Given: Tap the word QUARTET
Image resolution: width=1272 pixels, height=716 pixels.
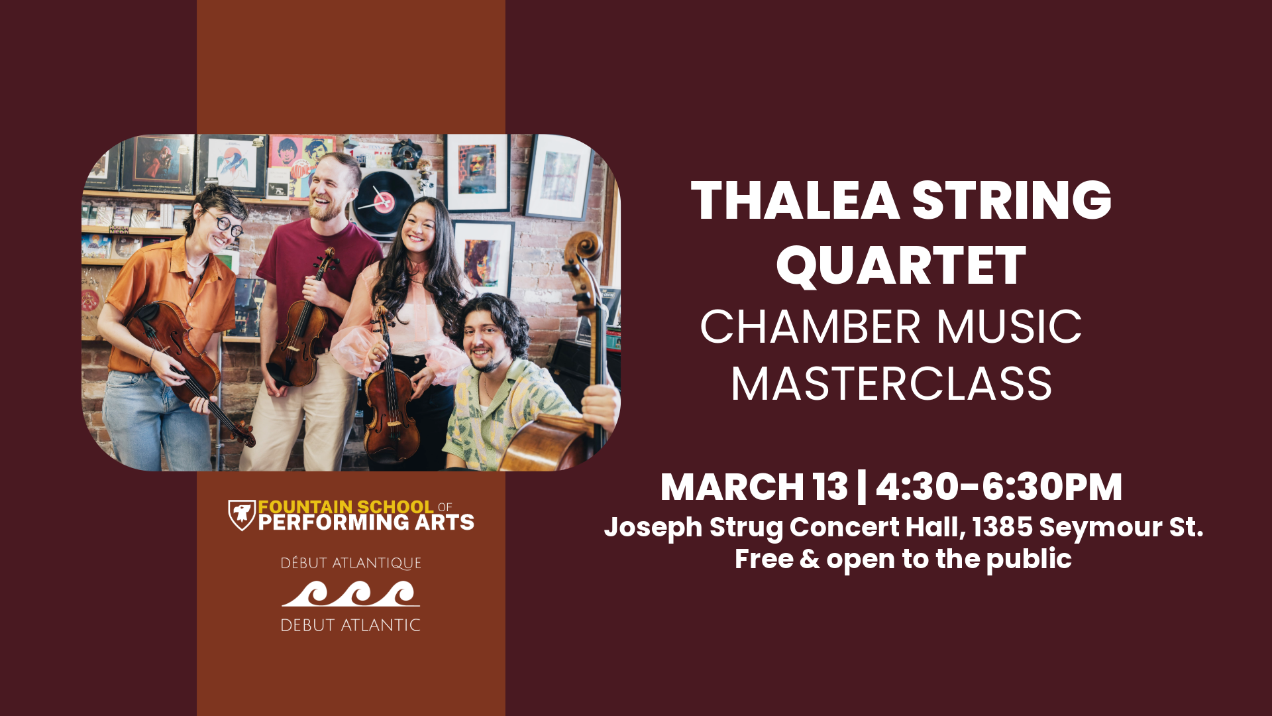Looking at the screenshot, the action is pos(901,265).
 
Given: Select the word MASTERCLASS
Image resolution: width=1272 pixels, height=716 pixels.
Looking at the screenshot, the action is pos(891,384).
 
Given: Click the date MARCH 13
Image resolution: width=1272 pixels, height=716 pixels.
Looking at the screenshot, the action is pos(754,487).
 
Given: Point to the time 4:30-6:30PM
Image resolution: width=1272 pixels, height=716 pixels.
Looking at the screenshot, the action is pos(999,487).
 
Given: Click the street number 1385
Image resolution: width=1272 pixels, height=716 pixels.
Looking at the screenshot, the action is pos(1002,527).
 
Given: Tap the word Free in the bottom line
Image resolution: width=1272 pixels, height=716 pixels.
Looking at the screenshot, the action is pos(764,559).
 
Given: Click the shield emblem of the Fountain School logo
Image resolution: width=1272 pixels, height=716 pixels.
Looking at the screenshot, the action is pos(242,515).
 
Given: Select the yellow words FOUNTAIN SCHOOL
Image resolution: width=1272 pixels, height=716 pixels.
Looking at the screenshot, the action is pos(346,507).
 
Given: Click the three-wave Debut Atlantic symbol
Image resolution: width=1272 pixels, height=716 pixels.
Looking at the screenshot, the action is pos(350,593).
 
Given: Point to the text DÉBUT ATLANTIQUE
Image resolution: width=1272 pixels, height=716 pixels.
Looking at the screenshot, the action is pos(350,563).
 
